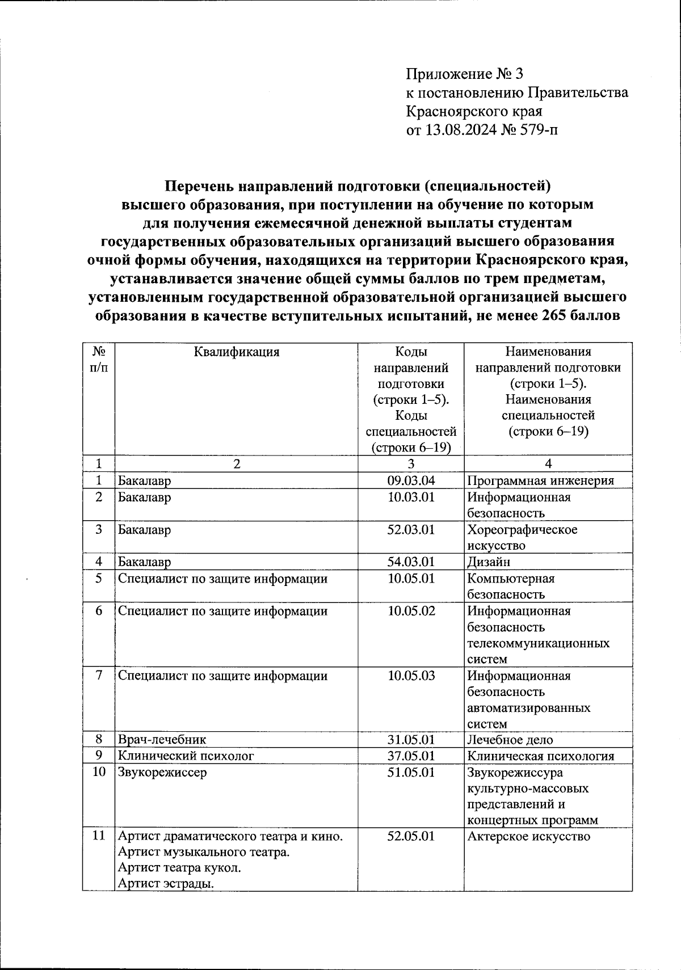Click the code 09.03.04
(411, 481)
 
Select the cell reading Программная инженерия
(540, 481)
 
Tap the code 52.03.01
(411, 530)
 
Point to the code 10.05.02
(411, 611)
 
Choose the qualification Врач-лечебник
(162, 740)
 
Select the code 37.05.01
(411, 756)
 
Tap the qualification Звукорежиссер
(162, 773)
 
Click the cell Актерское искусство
(528, 837)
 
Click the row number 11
(99, 836)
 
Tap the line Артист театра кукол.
(179, 868)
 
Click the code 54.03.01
(411, 562)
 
